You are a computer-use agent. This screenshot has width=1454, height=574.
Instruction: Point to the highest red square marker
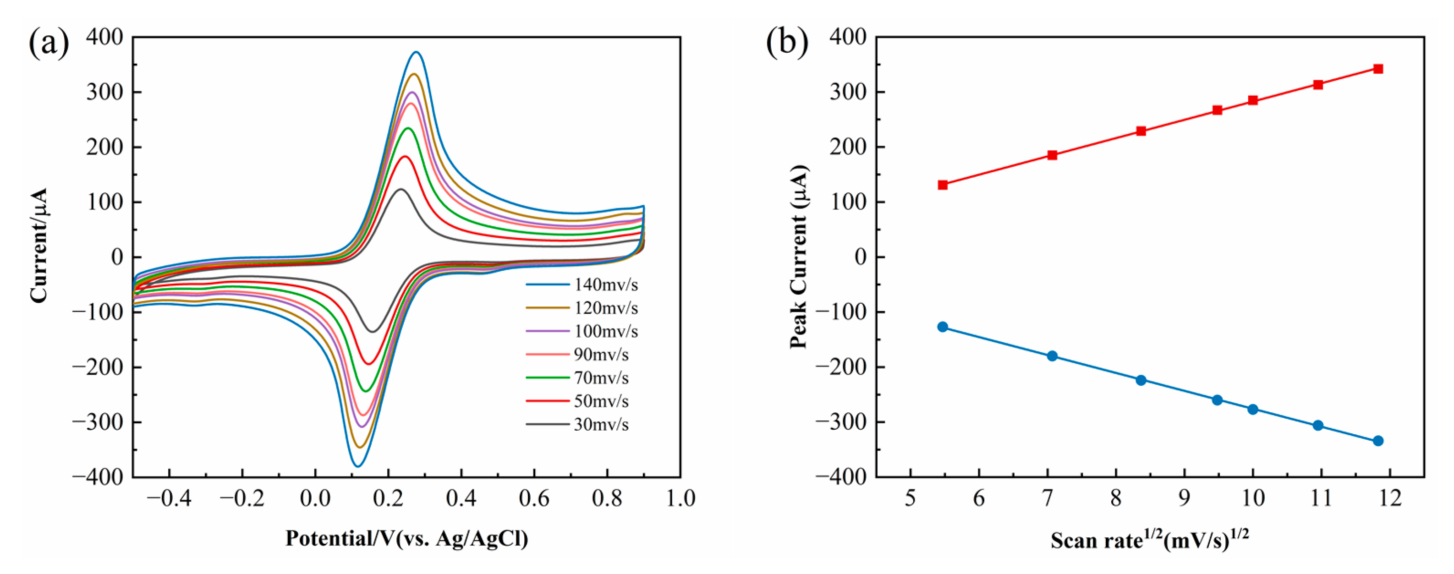pyautogui.click(x=1378, y=69)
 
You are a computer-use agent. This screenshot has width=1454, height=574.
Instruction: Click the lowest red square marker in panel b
pyautogui.click(x=943, y=185)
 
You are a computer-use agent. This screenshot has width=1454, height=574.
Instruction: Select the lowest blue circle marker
pyautogui.click(x=1378, y=441)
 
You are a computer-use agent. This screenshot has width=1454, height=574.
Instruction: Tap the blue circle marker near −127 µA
pyautogui.click(x=943, y=327)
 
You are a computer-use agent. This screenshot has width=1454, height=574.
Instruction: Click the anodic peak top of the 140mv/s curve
pyautogui.click(x=417, y=52)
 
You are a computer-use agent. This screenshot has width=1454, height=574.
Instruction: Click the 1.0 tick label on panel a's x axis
pyautogui.click(x=680, y=499)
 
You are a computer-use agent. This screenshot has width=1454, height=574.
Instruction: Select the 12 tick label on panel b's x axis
pyautogui.click(x=1391, y=499)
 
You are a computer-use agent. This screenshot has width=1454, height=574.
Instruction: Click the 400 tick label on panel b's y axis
pyautogui.click(x=848, y=37)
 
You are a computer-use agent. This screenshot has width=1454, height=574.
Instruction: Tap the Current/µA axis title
pyautogui.click(x=38, y=246)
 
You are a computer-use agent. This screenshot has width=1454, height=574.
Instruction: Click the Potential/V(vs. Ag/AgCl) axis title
pyautogui.click(x=406, y=538)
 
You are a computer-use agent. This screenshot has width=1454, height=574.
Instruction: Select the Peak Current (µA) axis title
pyautogui.click(x=798, y=257)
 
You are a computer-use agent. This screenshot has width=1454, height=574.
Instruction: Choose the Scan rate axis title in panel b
pyautogui.click(x=1149, y=540)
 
